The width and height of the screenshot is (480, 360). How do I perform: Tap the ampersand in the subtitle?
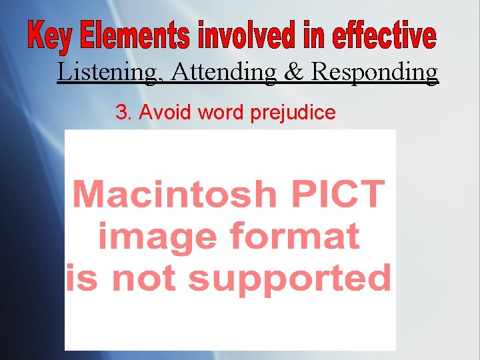(294, 71)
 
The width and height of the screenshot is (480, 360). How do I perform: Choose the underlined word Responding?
(375, 72)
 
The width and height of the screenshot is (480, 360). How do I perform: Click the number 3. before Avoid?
(124, 113)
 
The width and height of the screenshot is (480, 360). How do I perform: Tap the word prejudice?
(293, 113)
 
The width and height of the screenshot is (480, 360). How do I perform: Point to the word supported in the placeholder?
(289, 279)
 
